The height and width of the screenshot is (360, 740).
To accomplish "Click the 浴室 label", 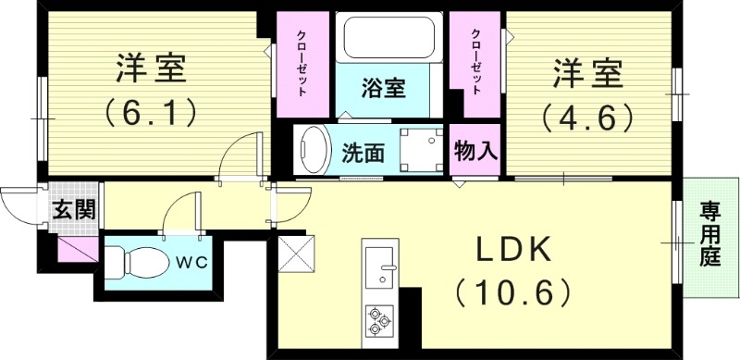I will [383, 89].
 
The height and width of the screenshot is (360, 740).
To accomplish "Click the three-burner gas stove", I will [379, 319].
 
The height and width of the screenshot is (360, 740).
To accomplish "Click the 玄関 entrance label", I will [72, 209].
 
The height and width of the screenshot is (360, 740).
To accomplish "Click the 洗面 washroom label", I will [364, 154].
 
